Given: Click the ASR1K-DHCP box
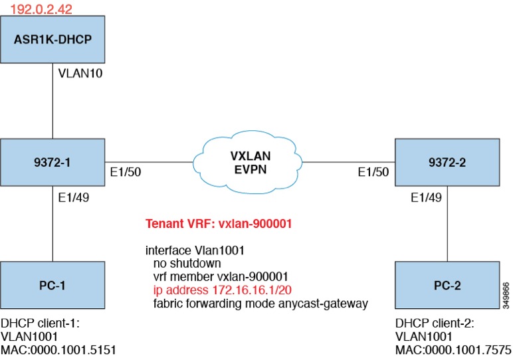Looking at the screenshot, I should pyautogui.click(x=52, y=39).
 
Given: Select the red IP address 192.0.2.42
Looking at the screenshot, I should pyautogui.click(x=41, y=9).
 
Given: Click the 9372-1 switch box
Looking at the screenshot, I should pyautogui.click(x=52, y=161).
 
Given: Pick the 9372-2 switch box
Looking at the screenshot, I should pyautogui.click(x=448, y=161).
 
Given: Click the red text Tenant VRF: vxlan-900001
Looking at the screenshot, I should pyautogui.click(x=219, y=225).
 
